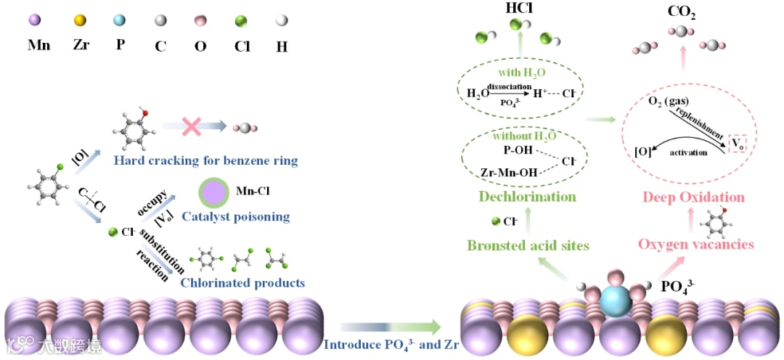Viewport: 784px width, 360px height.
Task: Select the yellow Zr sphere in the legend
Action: (80, 21)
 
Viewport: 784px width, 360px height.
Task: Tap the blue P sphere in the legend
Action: (120, 21)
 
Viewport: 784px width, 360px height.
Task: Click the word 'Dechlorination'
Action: (528, 197)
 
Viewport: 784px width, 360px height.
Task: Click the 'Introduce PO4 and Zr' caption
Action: (382, 344)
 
